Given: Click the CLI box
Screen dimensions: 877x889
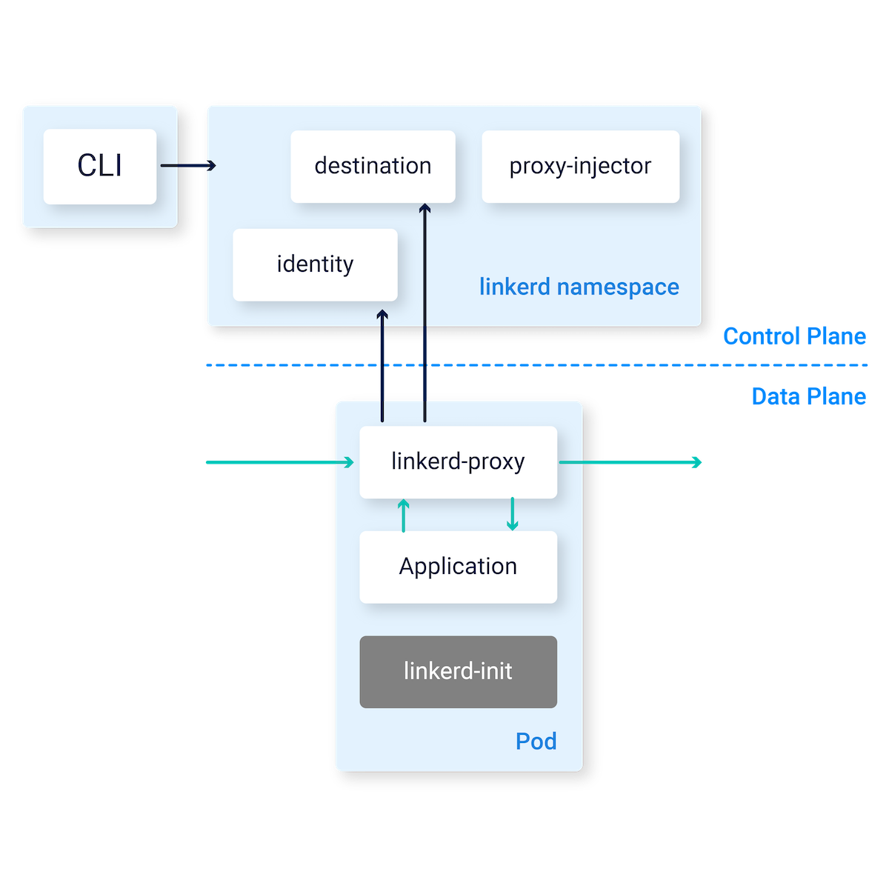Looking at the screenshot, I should click(x=100, y=167).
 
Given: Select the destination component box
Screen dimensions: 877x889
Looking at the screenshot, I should click(x=373, y=167).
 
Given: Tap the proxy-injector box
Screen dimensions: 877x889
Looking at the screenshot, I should click(x=580, y=167).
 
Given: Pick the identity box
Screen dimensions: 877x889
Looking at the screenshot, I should click(x=315, y=264).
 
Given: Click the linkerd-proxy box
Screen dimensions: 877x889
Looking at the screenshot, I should click(x=458, y=461).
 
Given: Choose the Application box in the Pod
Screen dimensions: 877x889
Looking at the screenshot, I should click(x=458, y=567).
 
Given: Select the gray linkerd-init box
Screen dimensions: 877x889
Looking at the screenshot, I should click(x=458, y=672).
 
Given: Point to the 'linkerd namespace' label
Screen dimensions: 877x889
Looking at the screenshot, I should click(x=579, y=287).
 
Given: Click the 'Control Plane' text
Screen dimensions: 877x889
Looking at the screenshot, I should click(x=794, y=336).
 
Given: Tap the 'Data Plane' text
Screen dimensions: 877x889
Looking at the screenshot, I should click(x=808, y=397).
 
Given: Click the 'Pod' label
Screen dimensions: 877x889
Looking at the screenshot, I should click(x=536, y=741).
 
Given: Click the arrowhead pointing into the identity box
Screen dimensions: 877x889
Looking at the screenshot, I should click(x=382, y=316).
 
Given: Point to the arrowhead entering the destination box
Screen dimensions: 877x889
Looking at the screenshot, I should click(x=424, y=210).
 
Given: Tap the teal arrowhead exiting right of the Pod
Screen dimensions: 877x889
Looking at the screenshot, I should click(x=696, y=462).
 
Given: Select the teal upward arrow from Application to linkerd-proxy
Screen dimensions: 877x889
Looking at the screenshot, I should click(x=403, y=516).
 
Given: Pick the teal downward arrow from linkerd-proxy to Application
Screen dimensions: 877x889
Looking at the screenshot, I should click(x=512, y=514).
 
